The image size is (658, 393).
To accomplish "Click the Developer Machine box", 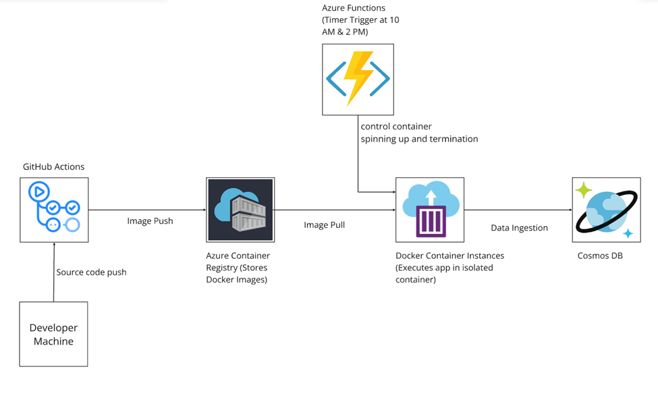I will (x=53, y=334).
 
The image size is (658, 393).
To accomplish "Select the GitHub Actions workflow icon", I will (x=54, y=210).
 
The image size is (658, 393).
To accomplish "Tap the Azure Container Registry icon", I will (x=240, y=210).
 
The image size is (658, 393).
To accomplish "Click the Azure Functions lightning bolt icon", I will (x=358, y=79).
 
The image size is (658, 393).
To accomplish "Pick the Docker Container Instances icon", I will (x=430, y=210).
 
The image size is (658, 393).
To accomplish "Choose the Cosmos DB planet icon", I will (x=606, y=210).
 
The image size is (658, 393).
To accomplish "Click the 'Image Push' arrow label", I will (x=150, y=221).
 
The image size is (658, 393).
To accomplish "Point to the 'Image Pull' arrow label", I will (x=324, y=224).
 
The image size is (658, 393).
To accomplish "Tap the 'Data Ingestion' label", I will (x=519, y=228).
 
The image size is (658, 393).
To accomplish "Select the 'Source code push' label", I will (x=91, y=272).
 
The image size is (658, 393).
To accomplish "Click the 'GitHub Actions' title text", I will (x=53, y=167).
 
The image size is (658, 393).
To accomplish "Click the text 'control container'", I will (x=396, y=126).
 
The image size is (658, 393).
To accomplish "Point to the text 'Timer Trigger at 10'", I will (x=360, y=20).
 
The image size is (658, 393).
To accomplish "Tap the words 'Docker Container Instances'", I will (x=449, y=256).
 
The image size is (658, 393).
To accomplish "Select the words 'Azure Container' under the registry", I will (x=238, y=256).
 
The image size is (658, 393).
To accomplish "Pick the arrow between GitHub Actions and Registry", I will (x=146, y=210).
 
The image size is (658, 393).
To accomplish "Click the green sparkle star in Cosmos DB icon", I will (x=583, y=191).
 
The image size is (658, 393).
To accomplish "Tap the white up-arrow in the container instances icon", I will (x=430, y=200).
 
